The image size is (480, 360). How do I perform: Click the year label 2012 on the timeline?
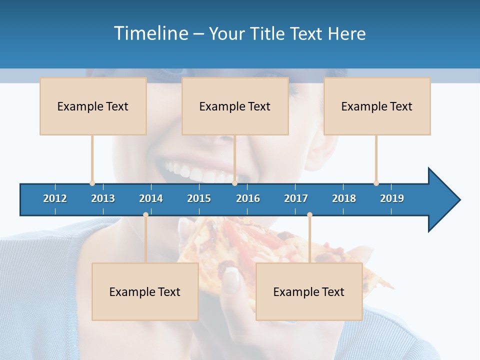coord(55,198)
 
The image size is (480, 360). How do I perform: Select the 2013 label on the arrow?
coord(103,198)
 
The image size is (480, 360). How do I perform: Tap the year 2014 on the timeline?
coord(151,198)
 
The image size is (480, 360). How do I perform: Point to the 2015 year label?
coord(199,198)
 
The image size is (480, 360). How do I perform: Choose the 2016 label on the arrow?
coord(248,198)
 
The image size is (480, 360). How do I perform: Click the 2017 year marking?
coord(296,198)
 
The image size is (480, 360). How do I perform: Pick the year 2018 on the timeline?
coord(344,198)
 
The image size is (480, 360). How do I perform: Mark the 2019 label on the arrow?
coord(392,198)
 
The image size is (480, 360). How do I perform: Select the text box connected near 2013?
coord(93,106)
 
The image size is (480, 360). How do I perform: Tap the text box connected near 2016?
coord(235,106)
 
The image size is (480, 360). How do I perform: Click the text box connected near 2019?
coord(377,106)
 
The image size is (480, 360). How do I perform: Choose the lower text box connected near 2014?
coord(145,291)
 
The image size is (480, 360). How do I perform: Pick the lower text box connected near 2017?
coord(309,291)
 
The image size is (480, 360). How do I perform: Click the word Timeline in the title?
coord(150,33)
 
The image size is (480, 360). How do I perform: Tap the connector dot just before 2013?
coord(92,183)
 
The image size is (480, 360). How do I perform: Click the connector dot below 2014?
coord(145,214)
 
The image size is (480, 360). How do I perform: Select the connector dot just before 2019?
coord(376,183)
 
